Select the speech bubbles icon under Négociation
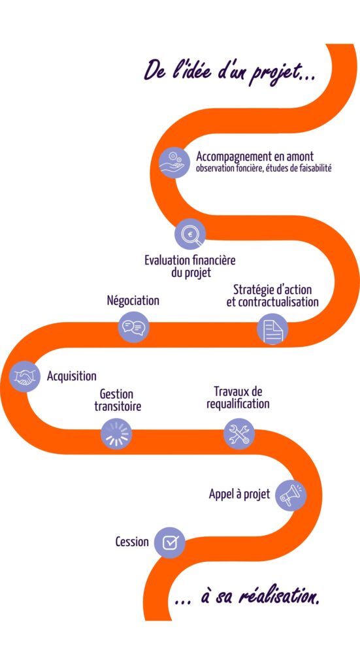pos(134,326)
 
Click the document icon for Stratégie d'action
pos(272,329)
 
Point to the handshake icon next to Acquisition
pos(25,377)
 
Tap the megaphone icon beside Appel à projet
pos(289,495)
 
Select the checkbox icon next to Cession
pos(170,542)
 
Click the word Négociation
pos(133,301)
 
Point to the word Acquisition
pos(72,376)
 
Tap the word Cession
pos(132,542)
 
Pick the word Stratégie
pos(255,289)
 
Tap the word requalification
pos(238,404)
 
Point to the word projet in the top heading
pos(273,68)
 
